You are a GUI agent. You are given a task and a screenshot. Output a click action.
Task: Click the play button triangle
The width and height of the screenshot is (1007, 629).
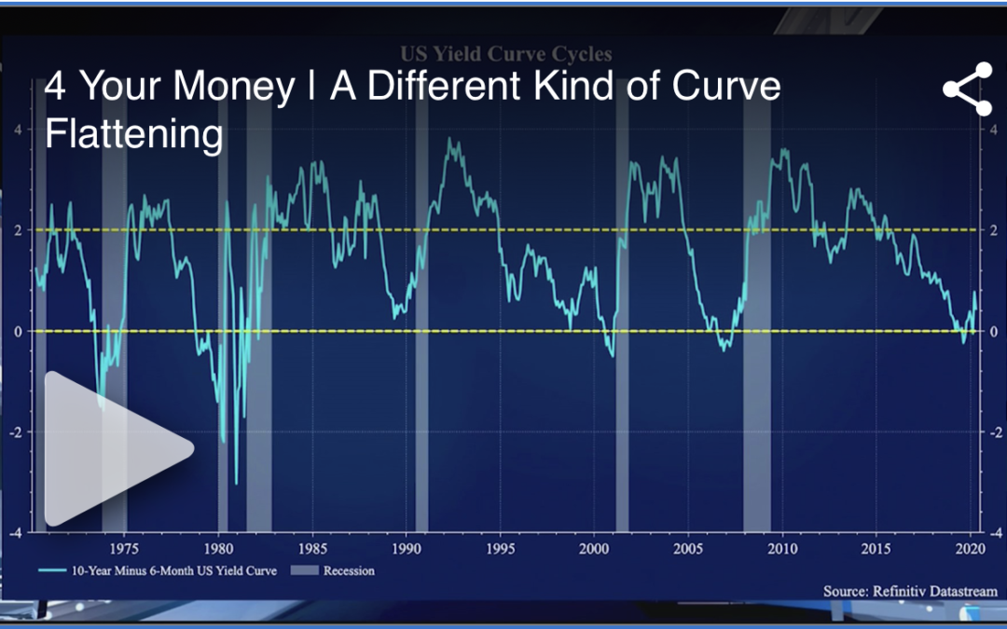[112, 448]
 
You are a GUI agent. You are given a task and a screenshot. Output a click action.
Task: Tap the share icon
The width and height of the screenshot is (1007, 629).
[967, 89]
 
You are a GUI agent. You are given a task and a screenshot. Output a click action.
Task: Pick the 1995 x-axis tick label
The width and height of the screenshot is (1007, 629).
[501, 547]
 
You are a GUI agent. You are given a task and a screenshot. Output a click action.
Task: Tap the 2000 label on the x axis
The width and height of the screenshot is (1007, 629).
[595, 547]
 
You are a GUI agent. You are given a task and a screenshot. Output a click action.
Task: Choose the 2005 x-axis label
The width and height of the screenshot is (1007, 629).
[689, 547]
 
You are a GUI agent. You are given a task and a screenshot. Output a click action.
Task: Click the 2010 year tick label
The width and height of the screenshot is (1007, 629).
[782, 547]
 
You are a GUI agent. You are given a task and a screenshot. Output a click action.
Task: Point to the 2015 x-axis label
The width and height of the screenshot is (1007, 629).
[876, 547]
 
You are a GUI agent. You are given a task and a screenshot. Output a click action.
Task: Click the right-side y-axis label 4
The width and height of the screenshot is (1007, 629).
[994, 129]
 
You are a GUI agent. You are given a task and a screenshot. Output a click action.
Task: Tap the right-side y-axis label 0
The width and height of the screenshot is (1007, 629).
[994, 331]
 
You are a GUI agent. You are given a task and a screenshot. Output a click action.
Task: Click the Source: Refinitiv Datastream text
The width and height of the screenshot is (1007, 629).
[909, 591]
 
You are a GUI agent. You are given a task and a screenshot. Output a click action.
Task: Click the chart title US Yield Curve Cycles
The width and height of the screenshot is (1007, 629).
[505, 53]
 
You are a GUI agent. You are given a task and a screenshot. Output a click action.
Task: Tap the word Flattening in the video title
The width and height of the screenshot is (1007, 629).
[134, 134]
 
